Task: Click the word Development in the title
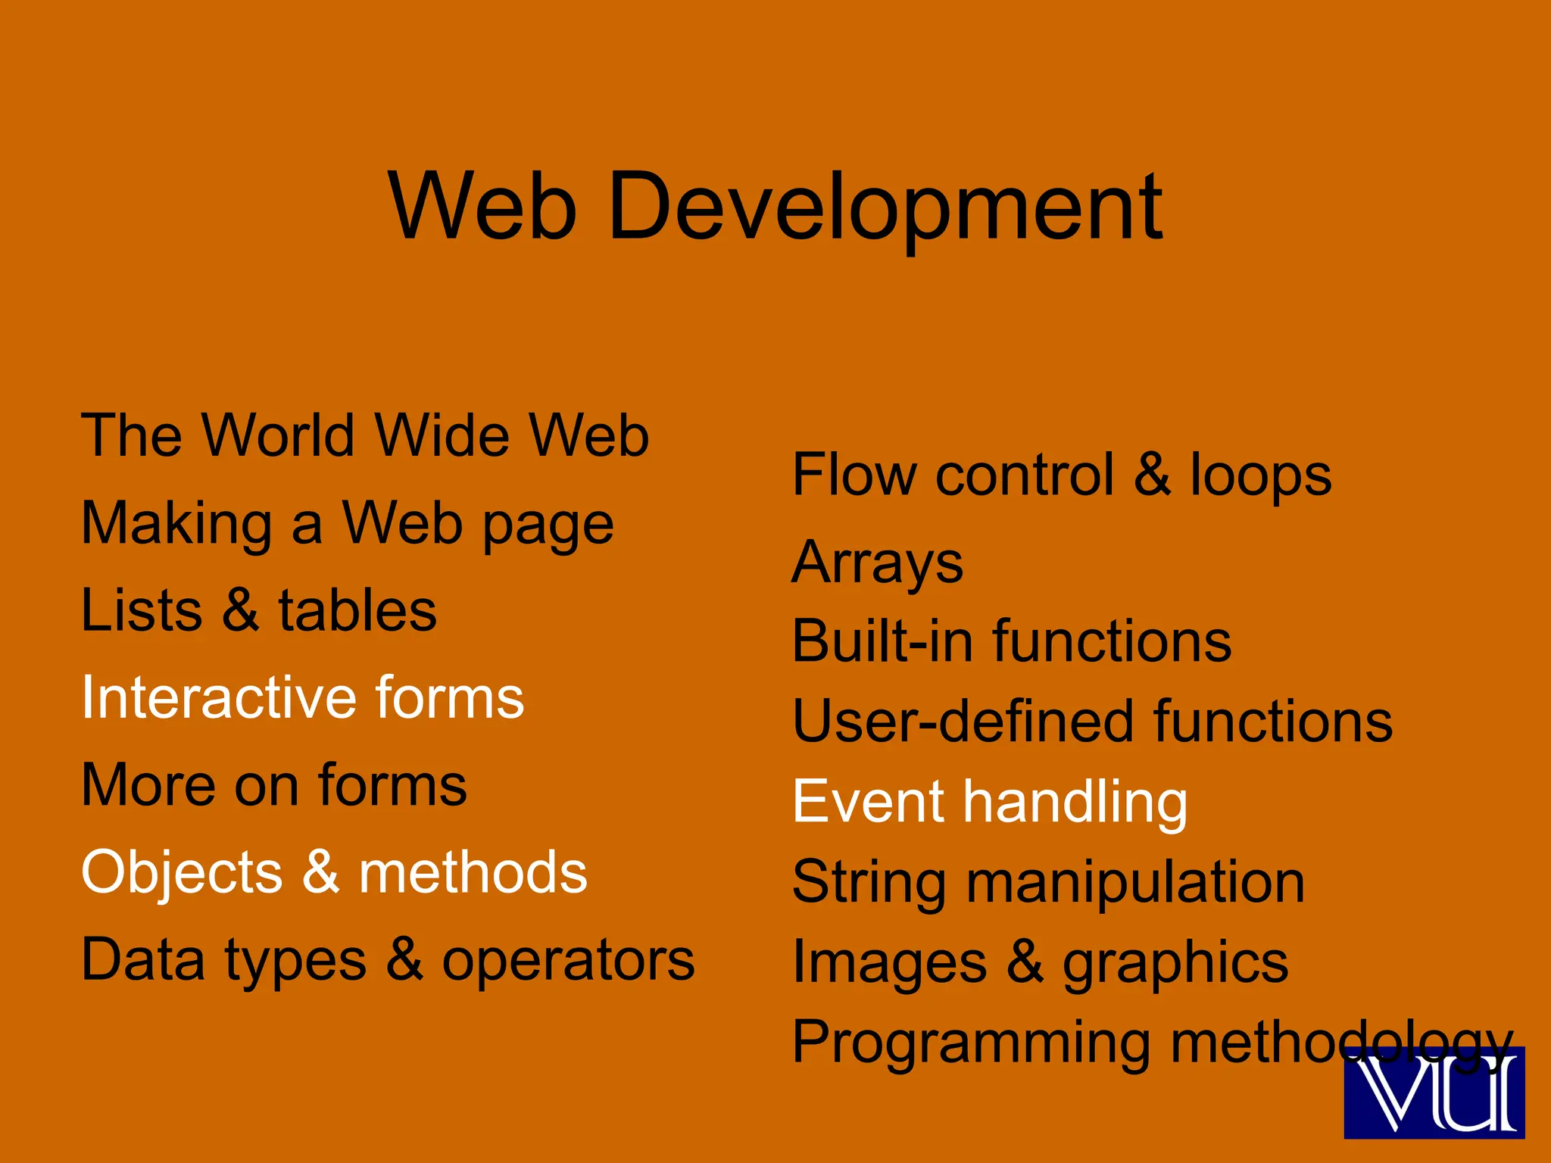click(x=885, y=206)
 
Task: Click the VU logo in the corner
click(x=1434, y=1093)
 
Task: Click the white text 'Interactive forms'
click(x=302, y=697)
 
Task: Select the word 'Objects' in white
click(x=182, y=872)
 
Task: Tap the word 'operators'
click(x=568, y=960)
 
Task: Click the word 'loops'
click(x=1260, y=475)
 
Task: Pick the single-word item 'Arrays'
click(x=877, y=564)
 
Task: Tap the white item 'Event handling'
click(x=990, y=802)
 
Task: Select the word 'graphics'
click(x=1175, y=963)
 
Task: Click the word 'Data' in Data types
click(x=143, y=960)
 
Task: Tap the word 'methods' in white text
click(x=473, y=872)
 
